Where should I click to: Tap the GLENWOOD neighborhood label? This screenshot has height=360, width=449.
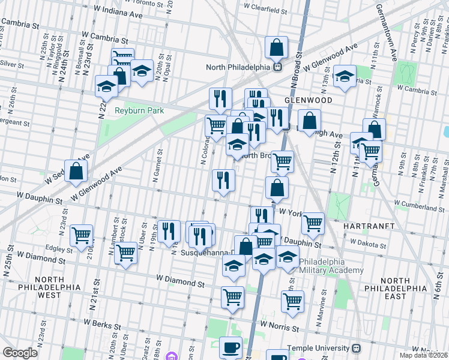pos(308,100)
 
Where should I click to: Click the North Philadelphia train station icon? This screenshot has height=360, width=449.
pos(277,67)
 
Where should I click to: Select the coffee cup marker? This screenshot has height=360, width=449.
pos(231,347)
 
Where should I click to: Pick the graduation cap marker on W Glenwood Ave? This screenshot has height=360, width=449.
pos(345,76)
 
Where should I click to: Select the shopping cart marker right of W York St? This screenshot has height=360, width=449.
pos(313,223)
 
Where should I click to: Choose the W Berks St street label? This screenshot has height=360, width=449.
pos(103,325)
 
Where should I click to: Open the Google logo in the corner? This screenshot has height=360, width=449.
pos(20,353)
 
